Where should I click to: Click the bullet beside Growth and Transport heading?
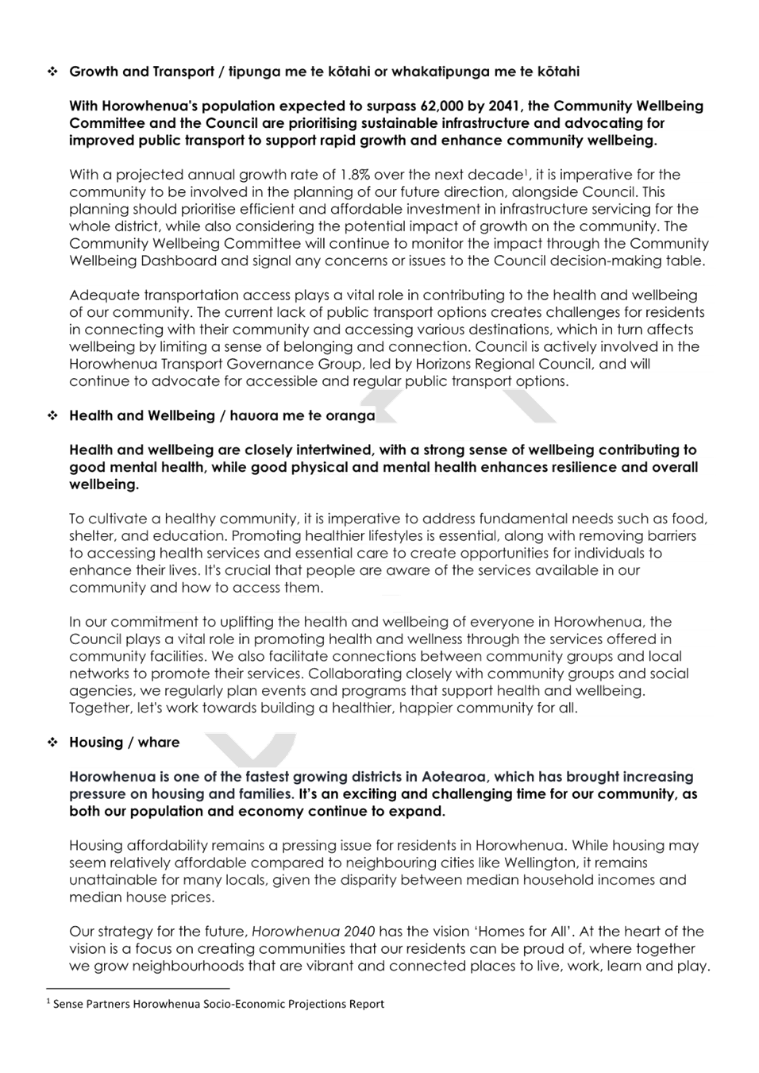click(52, 71)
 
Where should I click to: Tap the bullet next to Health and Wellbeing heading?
click(52, 416)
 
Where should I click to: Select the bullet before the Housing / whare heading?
click(52, 743)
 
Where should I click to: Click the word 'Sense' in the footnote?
click(66, 1004)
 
